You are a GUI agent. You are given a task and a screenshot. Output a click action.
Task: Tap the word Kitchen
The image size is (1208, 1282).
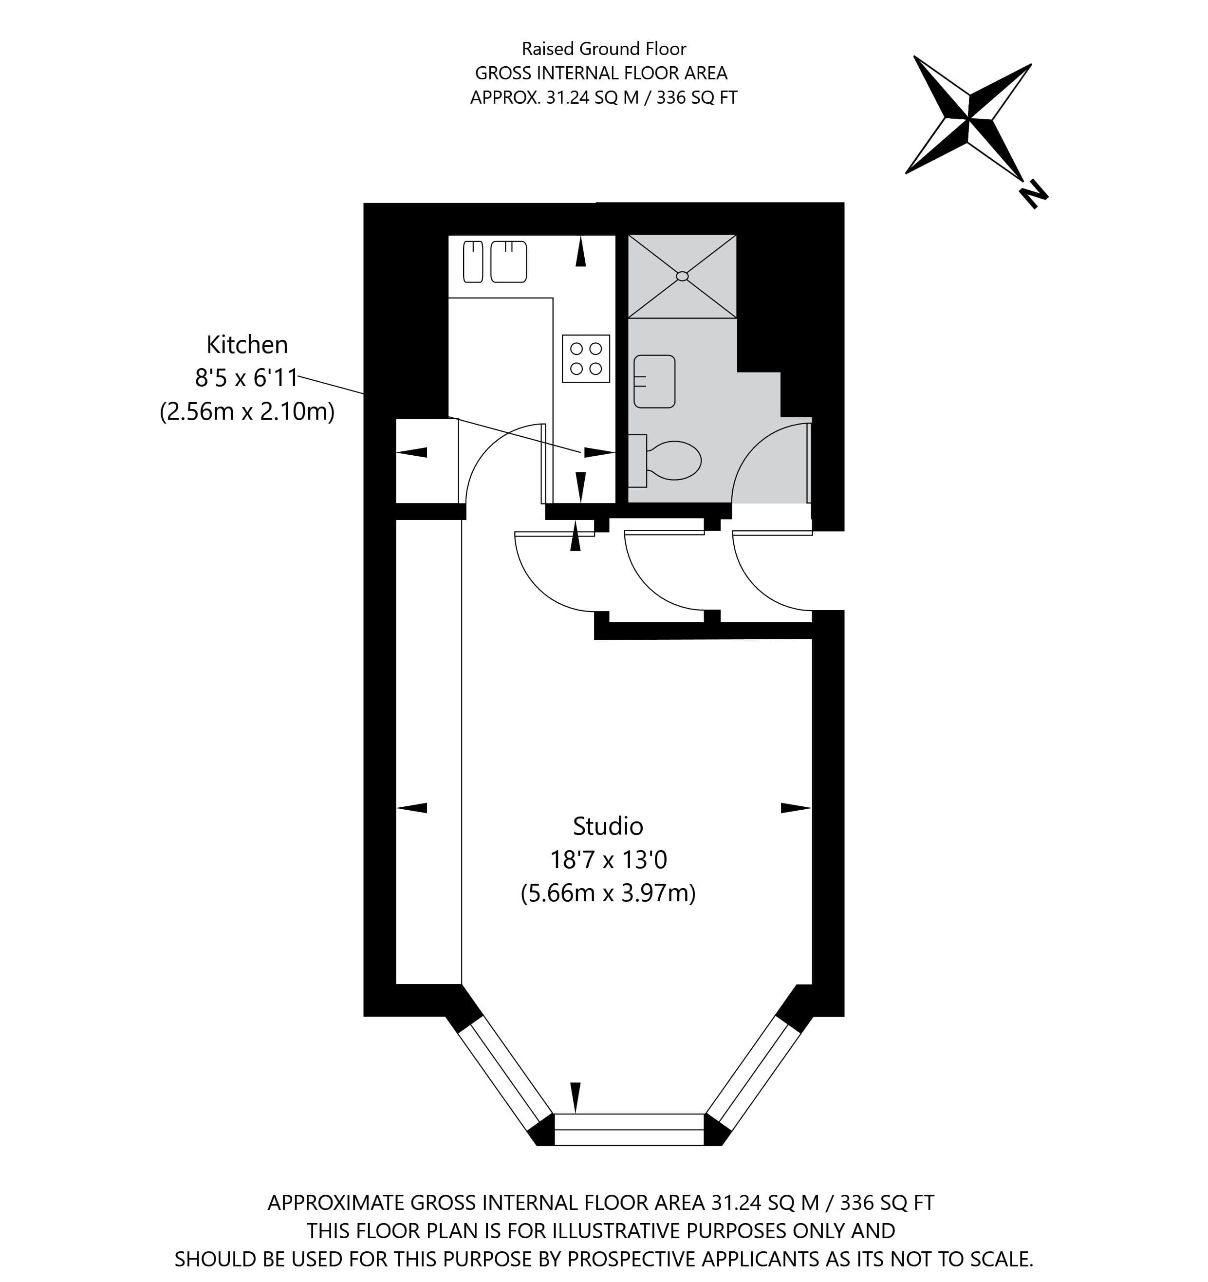pos(247,345)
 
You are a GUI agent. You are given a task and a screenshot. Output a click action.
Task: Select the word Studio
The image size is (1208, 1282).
pos(608,826)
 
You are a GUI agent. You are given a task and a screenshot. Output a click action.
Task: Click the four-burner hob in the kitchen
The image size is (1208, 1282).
pos(586,358)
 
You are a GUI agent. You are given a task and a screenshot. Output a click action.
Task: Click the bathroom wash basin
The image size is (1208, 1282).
pos(654,381)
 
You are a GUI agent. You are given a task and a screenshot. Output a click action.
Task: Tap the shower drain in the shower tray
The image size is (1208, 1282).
pos(682,277)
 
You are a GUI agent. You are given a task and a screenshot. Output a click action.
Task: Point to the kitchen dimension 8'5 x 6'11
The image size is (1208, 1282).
pos(247,378)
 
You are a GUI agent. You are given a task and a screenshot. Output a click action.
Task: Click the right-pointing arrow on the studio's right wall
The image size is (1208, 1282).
pos(796,808)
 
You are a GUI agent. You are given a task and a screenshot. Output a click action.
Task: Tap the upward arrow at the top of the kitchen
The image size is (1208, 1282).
pos(581,252)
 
